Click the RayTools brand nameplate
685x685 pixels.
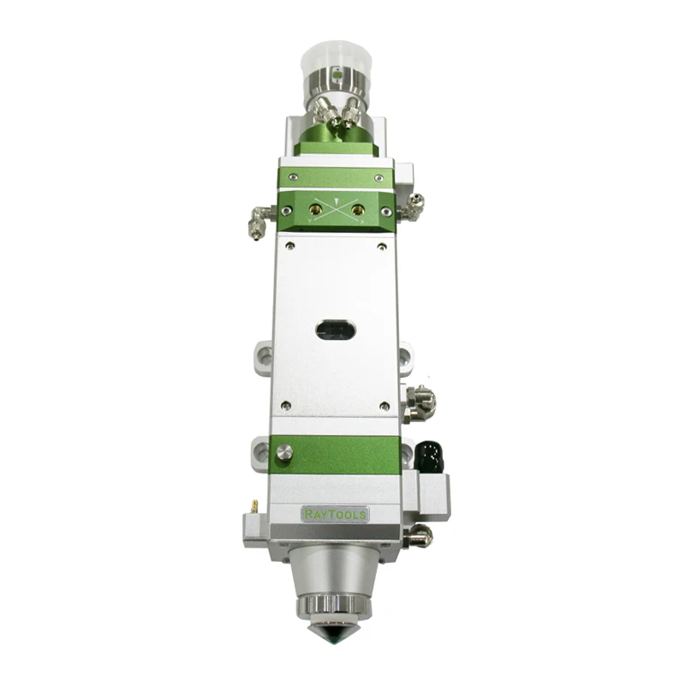point(336,515)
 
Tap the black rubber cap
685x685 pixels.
point(429,454)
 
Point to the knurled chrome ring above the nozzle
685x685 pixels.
point(335,607)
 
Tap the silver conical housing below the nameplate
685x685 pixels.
point(335,569)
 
